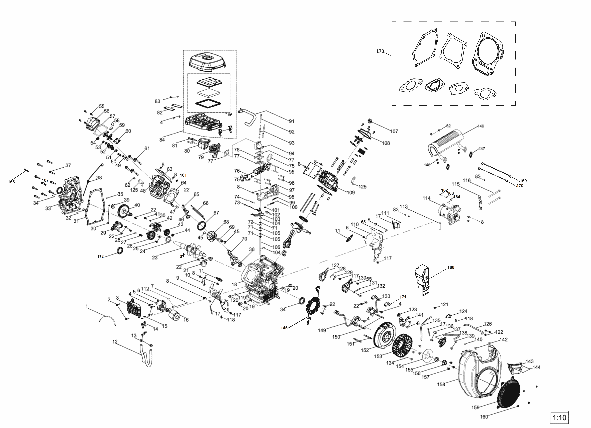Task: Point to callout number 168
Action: point(11,182)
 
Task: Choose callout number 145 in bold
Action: point(284,328)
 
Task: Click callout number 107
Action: point(394,131)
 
